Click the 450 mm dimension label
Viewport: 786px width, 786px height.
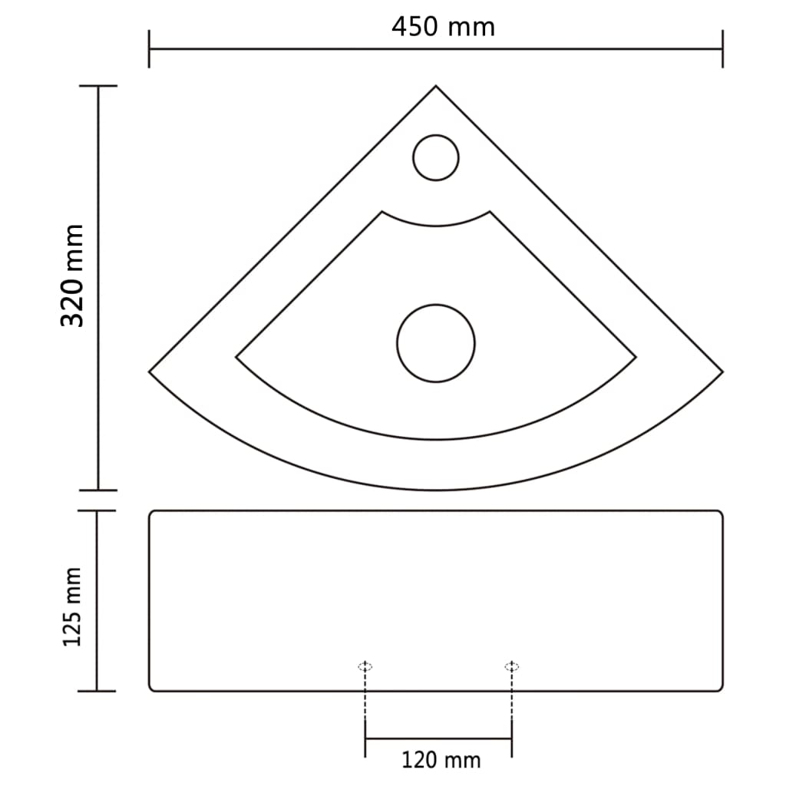point(443,27)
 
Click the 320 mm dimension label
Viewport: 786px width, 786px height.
point(73,276)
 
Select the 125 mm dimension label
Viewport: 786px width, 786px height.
point(73,606)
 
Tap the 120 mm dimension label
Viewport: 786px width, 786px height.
point(441,760)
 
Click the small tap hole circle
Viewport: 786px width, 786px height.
point(436,158)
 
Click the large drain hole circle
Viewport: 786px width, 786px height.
point(436,343)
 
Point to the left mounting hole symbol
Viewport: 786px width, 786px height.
point(365,666)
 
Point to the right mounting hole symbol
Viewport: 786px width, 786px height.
point(511,666)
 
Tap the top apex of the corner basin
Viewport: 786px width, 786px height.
point(436,87)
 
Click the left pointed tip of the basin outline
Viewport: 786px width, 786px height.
point(150,372)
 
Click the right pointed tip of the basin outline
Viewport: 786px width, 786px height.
point(722,372)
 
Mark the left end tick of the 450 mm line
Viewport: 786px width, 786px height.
point(150,49)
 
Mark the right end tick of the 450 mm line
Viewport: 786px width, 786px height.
point(722,49)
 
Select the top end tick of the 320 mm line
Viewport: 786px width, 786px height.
point(97,86)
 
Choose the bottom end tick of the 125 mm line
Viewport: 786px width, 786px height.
point(97,691)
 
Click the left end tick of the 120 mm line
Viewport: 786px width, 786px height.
point(365,738)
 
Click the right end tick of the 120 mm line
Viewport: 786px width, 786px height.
point(511,738)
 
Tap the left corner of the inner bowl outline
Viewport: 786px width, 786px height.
point(237,357)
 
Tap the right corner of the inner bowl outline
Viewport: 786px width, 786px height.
point(635,357)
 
